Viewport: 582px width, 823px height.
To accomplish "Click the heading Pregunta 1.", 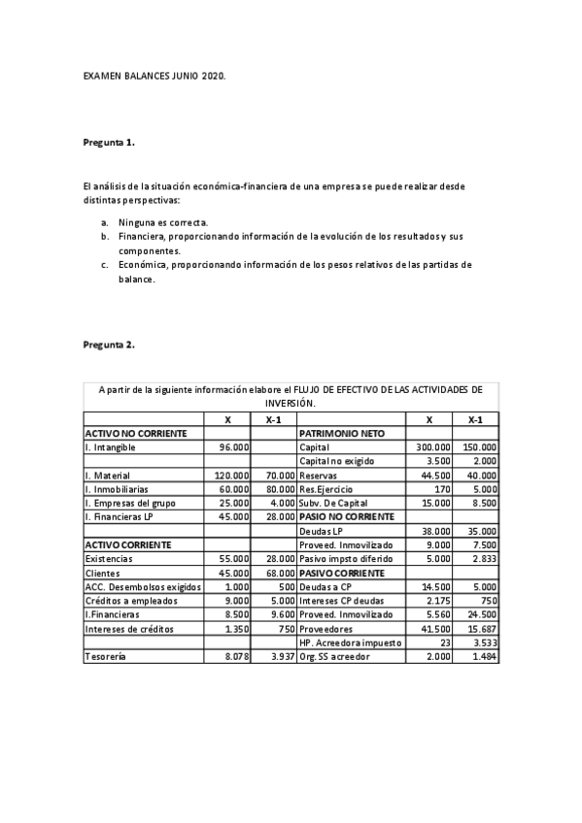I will tap(109, 143).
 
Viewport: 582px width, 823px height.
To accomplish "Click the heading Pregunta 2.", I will tap(109, 345).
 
